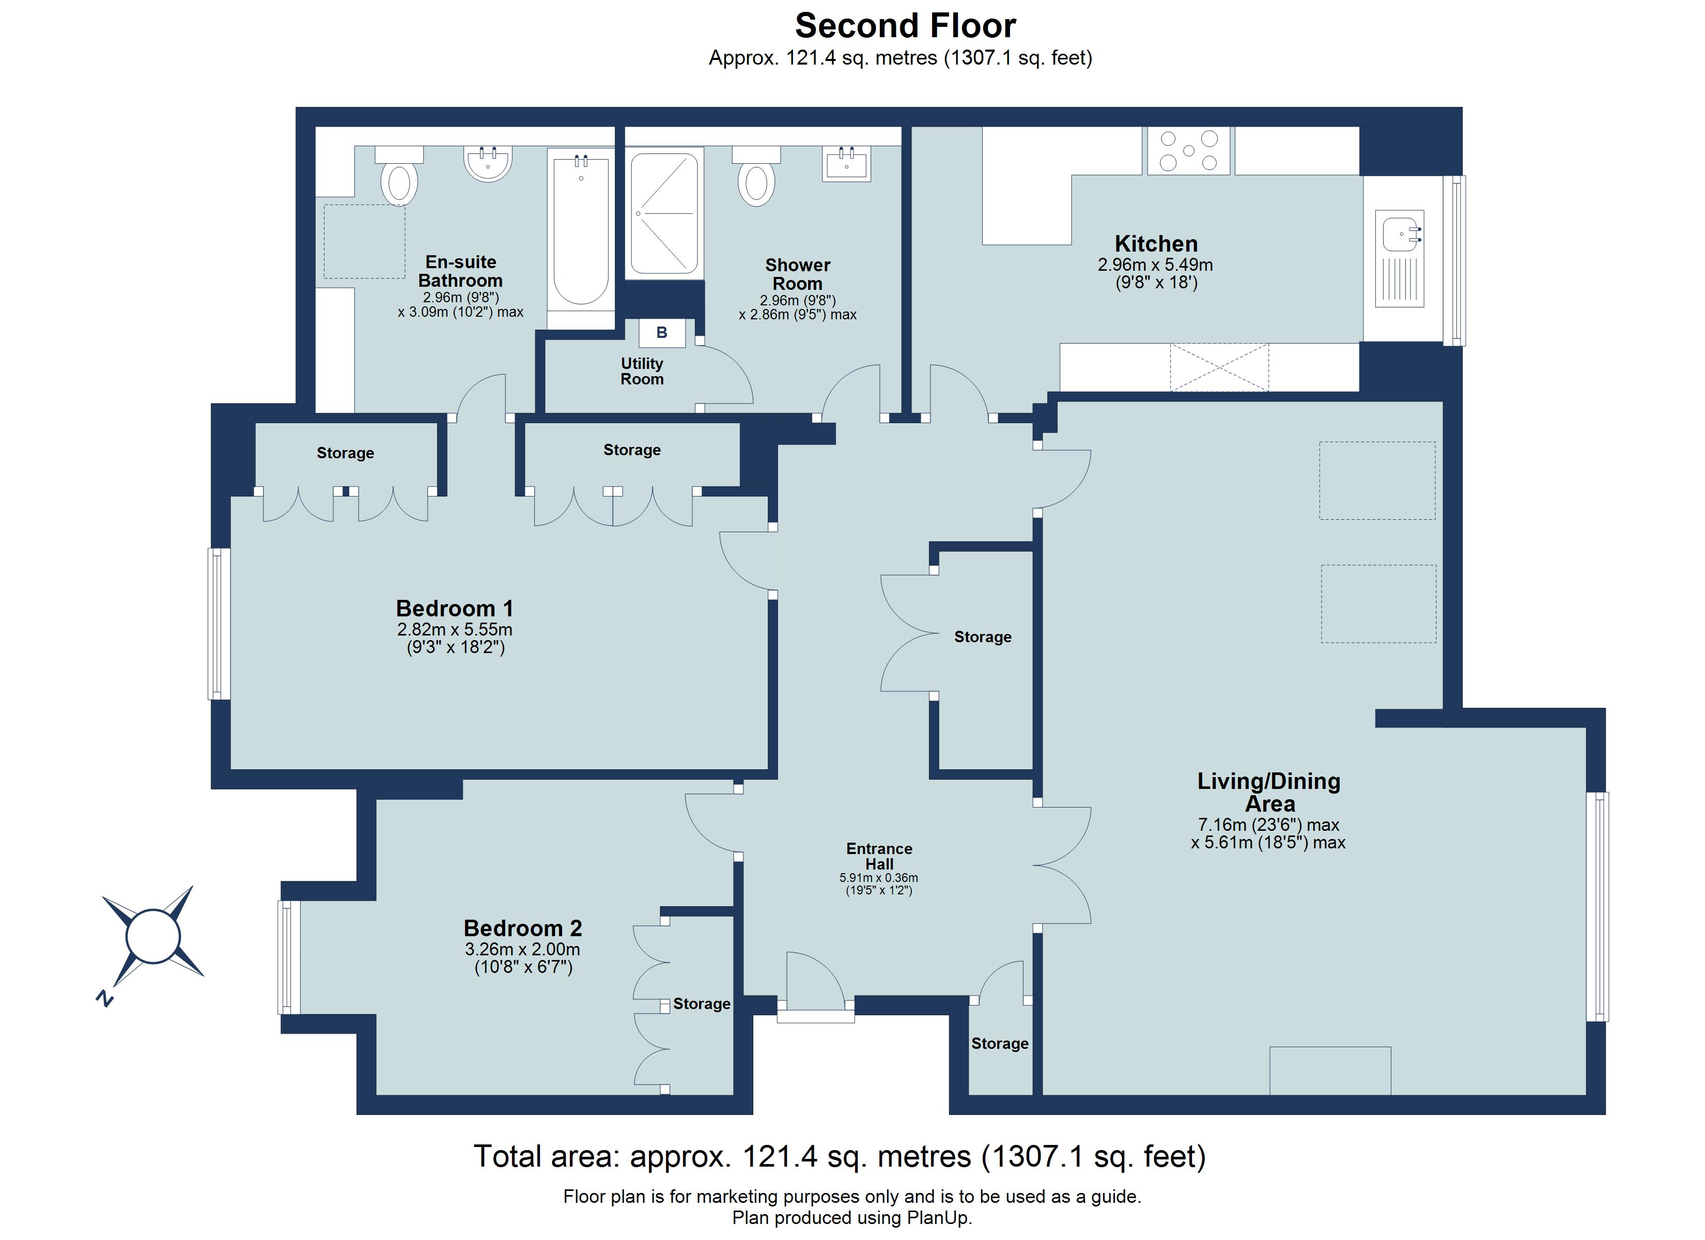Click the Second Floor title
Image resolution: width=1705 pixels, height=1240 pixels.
[905, 26]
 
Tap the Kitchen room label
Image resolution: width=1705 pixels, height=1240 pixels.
[1155, 244]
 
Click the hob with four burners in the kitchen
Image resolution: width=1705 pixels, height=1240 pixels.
[1188, 150]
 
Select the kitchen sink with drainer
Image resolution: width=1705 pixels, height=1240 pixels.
[1399, 258]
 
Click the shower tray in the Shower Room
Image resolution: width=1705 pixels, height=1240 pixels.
[664, 213]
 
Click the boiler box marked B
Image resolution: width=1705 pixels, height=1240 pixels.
[661, 332]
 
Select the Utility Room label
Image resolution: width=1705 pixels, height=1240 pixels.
[641, 371]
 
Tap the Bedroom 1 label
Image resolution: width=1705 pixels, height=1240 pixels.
[455, 608]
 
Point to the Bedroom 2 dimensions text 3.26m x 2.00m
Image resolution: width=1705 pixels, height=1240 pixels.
[522, 949]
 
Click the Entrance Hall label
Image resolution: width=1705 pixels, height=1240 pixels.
[879, 856]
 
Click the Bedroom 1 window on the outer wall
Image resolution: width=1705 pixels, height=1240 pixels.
[219, 624]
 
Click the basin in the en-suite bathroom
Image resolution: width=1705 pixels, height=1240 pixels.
[488, 163]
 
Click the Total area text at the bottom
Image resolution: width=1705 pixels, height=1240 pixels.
[839, 1156]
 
